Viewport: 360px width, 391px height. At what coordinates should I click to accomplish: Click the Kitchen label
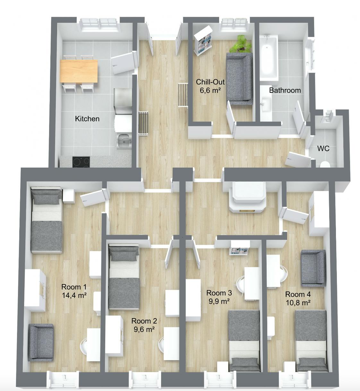87,119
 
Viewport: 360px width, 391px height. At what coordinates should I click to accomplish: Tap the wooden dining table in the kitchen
79,71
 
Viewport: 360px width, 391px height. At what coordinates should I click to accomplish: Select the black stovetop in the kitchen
81,162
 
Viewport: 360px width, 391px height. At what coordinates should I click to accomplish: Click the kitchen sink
124,141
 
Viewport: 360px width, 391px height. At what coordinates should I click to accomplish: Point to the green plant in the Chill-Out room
241,44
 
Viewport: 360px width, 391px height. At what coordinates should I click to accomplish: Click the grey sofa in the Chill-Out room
239,79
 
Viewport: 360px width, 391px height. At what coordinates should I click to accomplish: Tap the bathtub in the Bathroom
269,57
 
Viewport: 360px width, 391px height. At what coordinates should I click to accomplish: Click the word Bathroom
285,90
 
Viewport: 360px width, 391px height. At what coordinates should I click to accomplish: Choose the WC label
323,149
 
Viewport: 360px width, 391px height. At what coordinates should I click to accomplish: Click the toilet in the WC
325,164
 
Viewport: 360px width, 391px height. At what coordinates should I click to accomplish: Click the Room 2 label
144,321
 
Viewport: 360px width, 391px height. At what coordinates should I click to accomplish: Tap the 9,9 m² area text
219,301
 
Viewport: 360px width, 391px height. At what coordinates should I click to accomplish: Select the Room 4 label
298,294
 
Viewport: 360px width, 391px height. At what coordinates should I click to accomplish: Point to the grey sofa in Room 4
313,268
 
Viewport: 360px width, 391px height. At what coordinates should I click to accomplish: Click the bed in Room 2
124,278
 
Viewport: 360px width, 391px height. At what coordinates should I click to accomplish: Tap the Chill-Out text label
210,82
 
